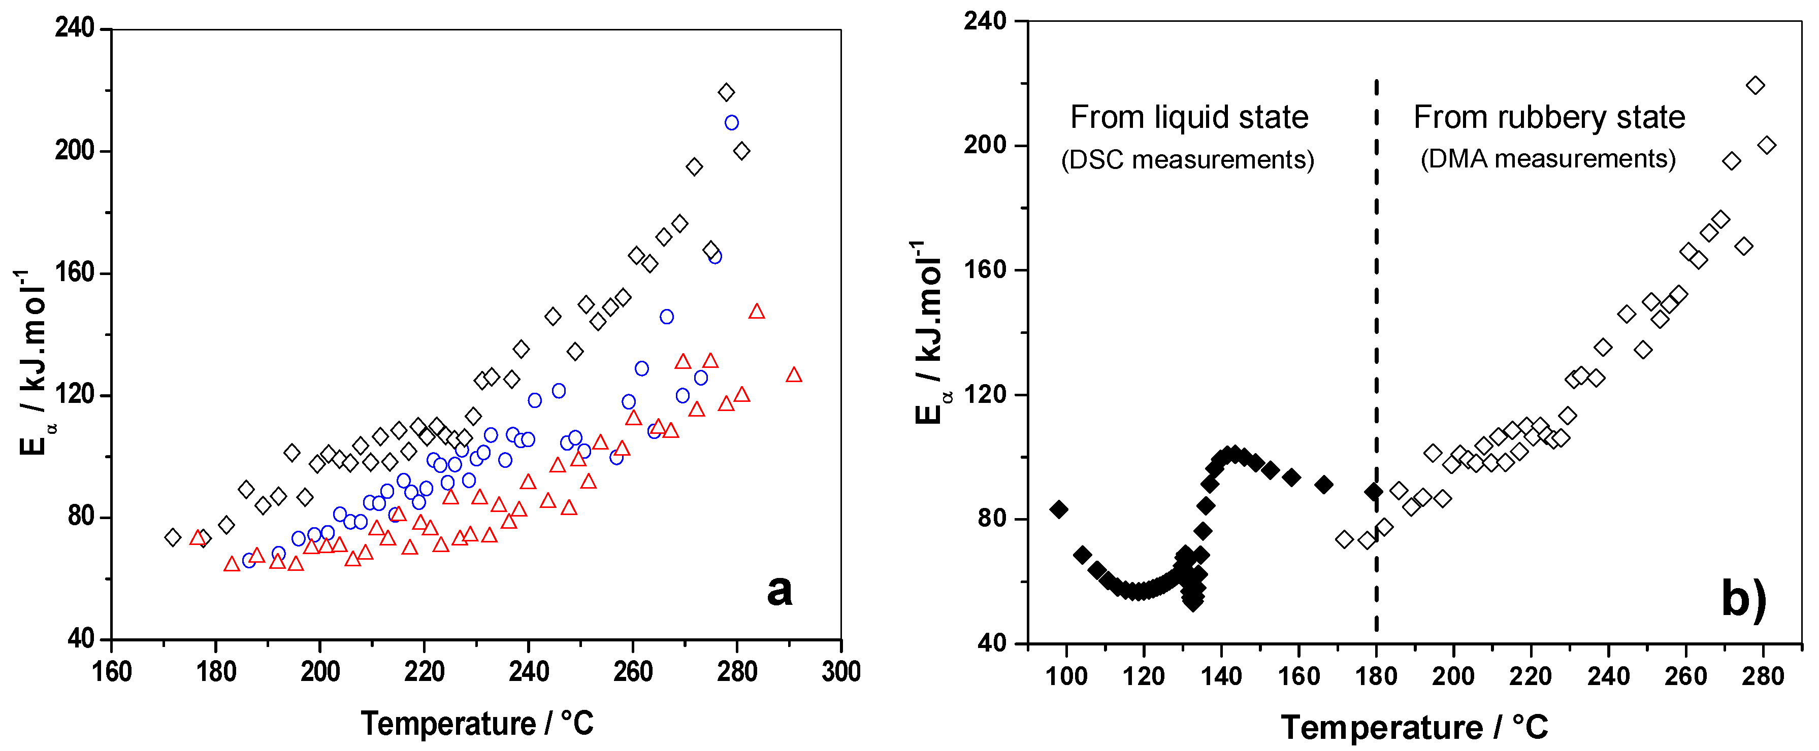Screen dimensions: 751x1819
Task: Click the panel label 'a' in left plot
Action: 779,591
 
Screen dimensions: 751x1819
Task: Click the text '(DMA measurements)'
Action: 1547,159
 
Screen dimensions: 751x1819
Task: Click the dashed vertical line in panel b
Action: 1376,353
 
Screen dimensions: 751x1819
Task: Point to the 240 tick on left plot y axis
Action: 74,28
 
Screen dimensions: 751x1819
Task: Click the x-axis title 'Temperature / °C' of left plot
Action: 477,724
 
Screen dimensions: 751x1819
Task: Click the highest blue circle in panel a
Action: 732,123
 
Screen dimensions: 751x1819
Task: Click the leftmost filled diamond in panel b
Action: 1058,509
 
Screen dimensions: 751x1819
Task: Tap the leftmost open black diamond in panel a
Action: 172,537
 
